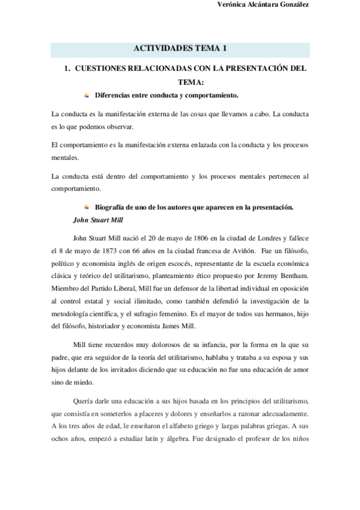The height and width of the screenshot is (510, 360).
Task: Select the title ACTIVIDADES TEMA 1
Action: [180, 49]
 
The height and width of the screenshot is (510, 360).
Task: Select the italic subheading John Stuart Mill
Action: [97, 219]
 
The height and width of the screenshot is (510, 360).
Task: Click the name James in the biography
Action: [179, 326]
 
